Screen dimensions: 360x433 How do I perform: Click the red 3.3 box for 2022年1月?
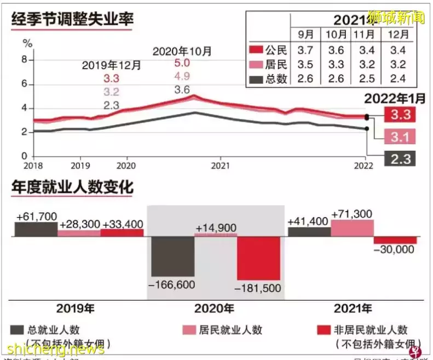[x=400, y=115]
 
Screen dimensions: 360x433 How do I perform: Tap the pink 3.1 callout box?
[x=400, y=136]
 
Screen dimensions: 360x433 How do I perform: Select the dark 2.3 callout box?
[x=400, y=158]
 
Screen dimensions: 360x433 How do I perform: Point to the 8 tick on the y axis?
[x=24, y=60]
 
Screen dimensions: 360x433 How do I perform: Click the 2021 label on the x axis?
[x=220, y=164]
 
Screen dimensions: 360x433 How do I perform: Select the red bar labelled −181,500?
[x=258, y=258]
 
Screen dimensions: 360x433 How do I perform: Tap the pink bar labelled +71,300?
[x=352, y=228]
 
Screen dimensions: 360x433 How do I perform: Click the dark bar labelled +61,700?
[x=36, y=229]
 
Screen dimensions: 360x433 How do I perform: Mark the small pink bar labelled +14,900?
[x=216, y=235]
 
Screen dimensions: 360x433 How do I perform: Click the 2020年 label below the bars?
[x=215, y=308]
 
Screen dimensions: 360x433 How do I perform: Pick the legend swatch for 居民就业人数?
[x=189, y=330]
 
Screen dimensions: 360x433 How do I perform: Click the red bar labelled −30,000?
[x=395, y=240]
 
